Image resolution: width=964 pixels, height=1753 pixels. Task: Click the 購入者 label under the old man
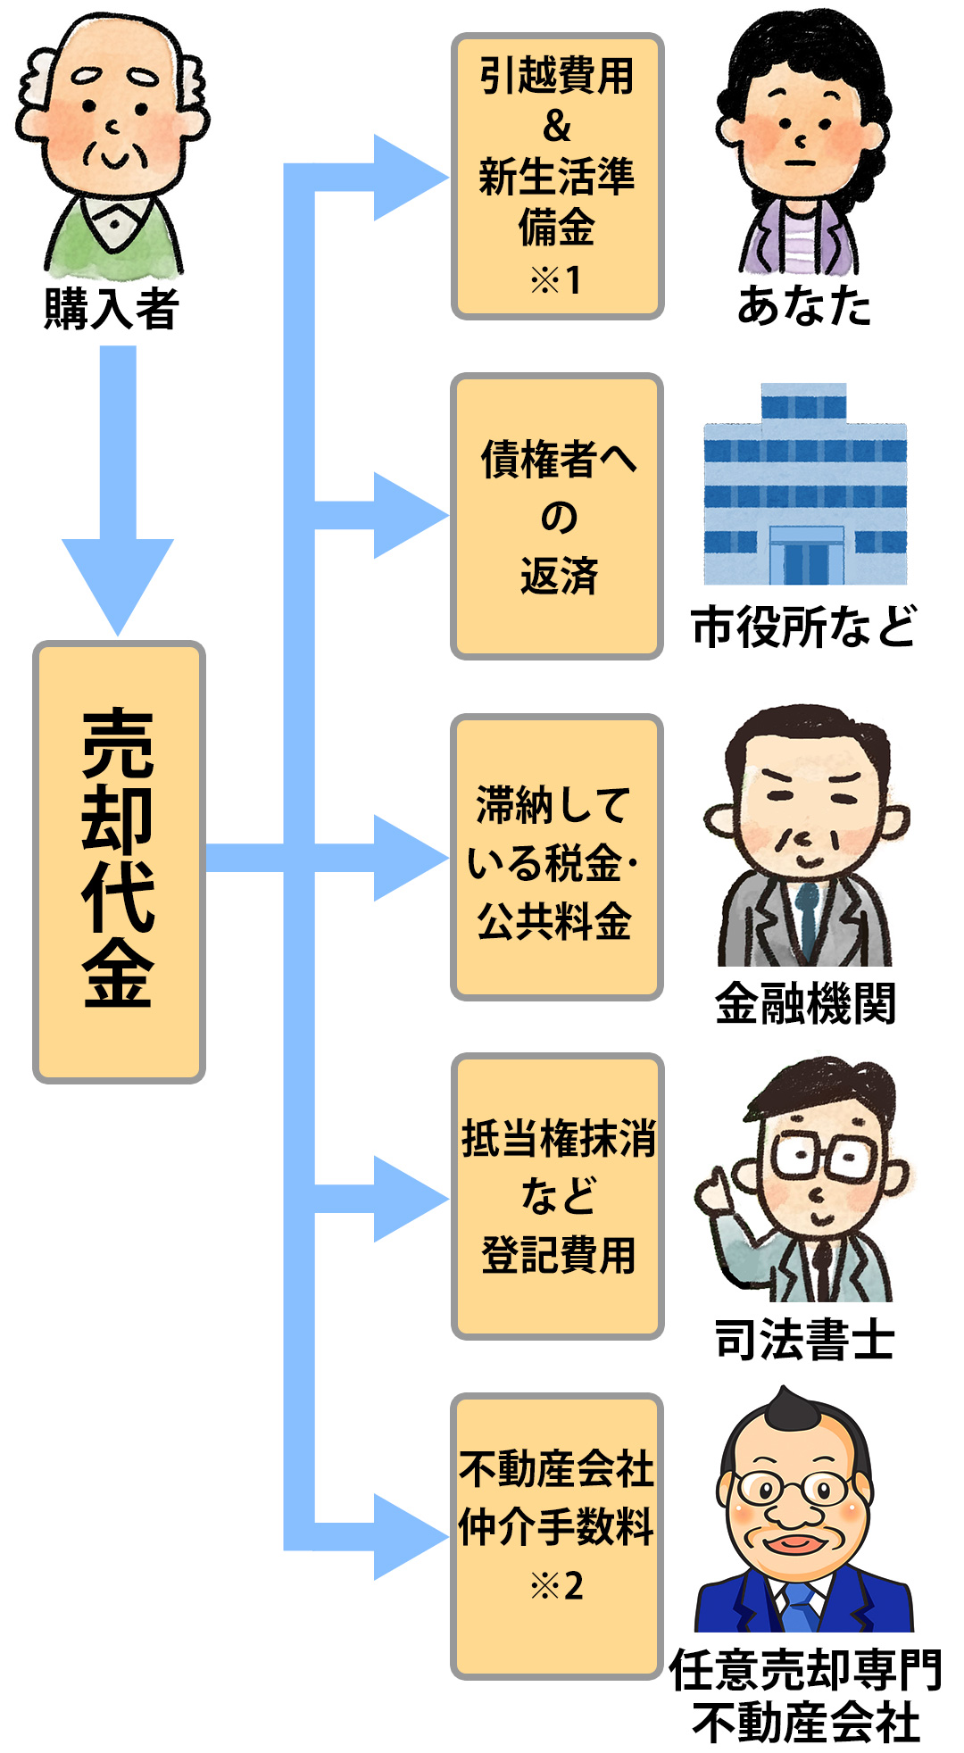[112, 309]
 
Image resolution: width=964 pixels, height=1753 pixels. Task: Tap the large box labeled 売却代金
[119, 861]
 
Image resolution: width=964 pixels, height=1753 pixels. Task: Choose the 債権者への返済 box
[557, 516]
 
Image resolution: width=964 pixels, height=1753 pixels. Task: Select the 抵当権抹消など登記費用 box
[557, 1196]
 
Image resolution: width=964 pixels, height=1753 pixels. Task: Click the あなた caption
[803, 306]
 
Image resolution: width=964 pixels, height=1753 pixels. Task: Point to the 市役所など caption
[803, 627]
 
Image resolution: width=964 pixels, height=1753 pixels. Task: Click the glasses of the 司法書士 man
[819, 1157]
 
